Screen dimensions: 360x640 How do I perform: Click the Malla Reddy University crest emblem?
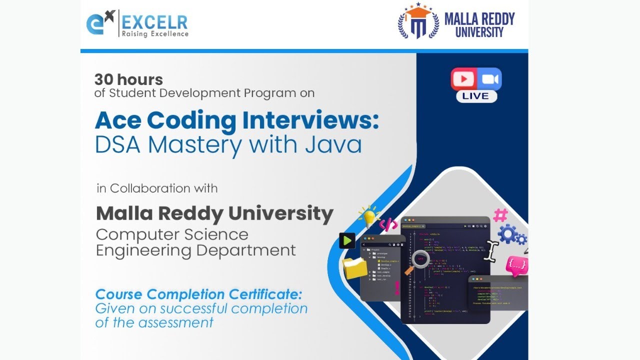coord(417,22)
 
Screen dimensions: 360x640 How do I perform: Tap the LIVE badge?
coord(476,96)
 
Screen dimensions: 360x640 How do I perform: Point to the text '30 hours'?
coord(128,79)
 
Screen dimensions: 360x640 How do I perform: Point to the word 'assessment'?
coord(175,322)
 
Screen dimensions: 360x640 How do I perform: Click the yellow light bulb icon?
coord(369,216)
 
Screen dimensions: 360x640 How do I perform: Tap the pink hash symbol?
coord(500,215)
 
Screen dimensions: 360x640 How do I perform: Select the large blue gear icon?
coord(508,234)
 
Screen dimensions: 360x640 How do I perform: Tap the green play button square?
coord(347,240)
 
